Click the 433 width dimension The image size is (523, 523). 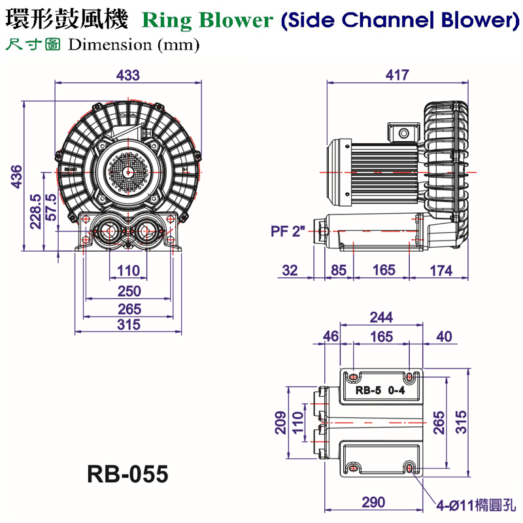click(128, 75)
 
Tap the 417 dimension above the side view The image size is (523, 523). click(397, 75)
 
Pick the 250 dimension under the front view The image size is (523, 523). click(129, 290)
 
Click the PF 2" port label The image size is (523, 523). click(288, 231)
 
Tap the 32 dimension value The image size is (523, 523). click(290, 269)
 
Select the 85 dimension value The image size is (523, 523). click(339, 269)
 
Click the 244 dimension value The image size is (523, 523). click(381, 318)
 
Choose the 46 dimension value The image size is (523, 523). click(331, 337)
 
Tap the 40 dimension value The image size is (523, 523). click(444, 337)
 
